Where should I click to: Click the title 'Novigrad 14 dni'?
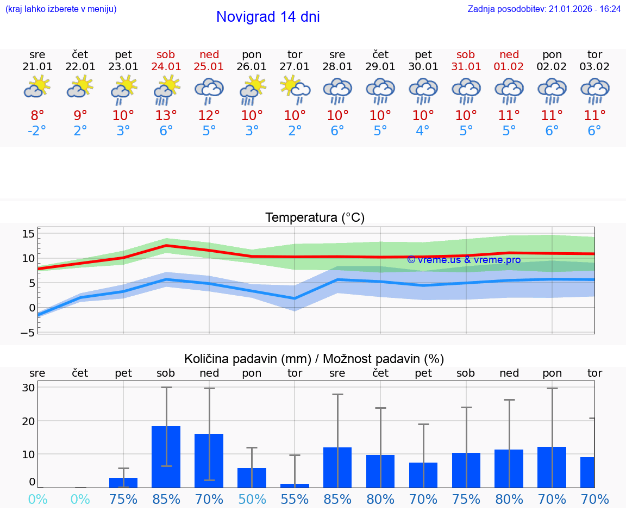[268, 17]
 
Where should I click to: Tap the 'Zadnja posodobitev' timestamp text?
[544, 9]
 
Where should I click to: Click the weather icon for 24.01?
[166, 90]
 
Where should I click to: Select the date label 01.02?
[509, 67]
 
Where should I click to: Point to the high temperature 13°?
[166, 115]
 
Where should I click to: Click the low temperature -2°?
[37, 131]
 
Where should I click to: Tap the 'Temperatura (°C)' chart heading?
[315, 218]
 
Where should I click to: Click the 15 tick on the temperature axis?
[28, 234]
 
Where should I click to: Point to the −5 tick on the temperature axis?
[27, 333]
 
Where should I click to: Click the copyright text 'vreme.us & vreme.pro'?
[464, 260]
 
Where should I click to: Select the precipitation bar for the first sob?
[166, 457]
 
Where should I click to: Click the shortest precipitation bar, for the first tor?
[295, 485]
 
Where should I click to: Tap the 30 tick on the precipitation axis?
[29, 388]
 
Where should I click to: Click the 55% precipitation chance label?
[295, 499]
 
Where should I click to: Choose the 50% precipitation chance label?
[252, 499]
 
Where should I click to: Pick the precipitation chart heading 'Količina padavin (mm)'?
[247, 359]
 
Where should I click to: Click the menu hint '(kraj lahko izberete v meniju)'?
[61, 9]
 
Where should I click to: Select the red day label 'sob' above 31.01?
[466, 54]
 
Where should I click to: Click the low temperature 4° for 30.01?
[423, 131]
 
